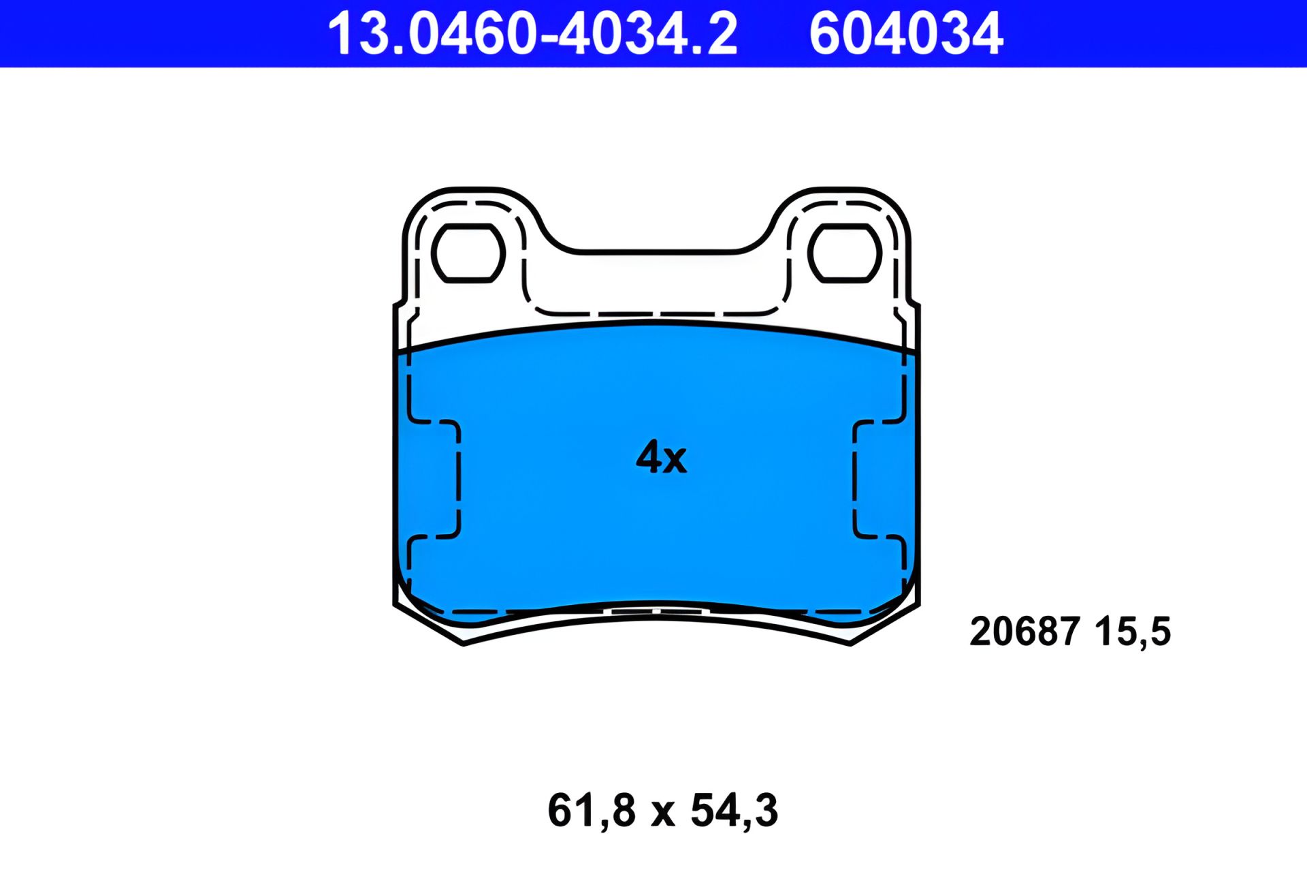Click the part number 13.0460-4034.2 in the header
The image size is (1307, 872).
532,34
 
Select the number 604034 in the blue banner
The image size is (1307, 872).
906,34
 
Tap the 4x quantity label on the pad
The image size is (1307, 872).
661,456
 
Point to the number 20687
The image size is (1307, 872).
1024,631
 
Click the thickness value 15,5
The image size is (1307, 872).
1133,632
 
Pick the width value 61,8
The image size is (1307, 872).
591,811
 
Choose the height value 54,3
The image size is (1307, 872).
734,811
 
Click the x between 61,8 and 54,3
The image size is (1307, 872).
662,814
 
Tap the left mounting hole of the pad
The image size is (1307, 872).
468,253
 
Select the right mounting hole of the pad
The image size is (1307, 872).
845,253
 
